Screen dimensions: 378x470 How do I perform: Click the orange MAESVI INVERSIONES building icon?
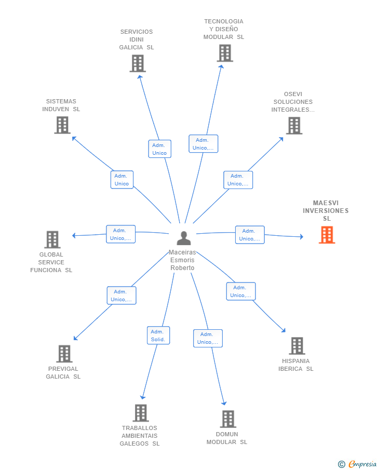click(327, 235)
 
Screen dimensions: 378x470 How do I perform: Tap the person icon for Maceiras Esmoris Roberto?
click(184, 238)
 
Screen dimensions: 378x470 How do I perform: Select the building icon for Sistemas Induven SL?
click(62, 125)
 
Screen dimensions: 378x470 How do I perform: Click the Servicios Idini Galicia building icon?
click(138, 63)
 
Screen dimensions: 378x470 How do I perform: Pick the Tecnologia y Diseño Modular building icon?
click(225, 53)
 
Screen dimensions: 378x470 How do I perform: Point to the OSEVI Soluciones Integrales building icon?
click(294, 126)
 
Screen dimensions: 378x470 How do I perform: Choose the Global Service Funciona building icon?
click(52, 239)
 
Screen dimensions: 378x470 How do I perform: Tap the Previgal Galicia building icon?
click(64, 354)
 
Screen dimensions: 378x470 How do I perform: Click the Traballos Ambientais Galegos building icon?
click(141, 413)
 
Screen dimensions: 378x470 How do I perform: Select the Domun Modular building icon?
click(228, 419)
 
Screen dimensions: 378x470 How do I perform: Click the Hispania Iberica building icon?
click(297, 346)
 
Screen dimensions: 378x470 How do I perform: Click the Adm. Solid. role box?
click(158, 335)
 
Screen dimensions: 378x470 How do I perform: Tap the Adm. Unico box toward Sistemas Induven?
click(122, 180)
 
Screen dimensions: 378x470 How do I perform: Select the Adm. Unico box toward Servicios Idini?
click(160, 149)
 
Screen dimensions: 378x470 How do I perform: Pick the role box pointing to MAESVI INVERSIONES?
click(250, 235)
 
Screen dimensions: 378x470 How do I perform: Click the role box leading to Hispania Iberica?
click(241, 291)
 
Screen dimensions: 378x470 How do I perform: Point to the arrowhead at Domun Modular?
click(224, 404)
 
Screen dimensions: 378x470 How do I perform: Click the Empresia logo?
click(357, 464)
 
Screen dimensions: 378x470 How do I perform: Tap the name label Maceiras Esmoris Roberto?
click(182, 260)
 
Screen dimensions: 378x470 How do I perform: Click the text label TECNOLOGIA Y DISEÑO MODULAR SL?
click(224, 29)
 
